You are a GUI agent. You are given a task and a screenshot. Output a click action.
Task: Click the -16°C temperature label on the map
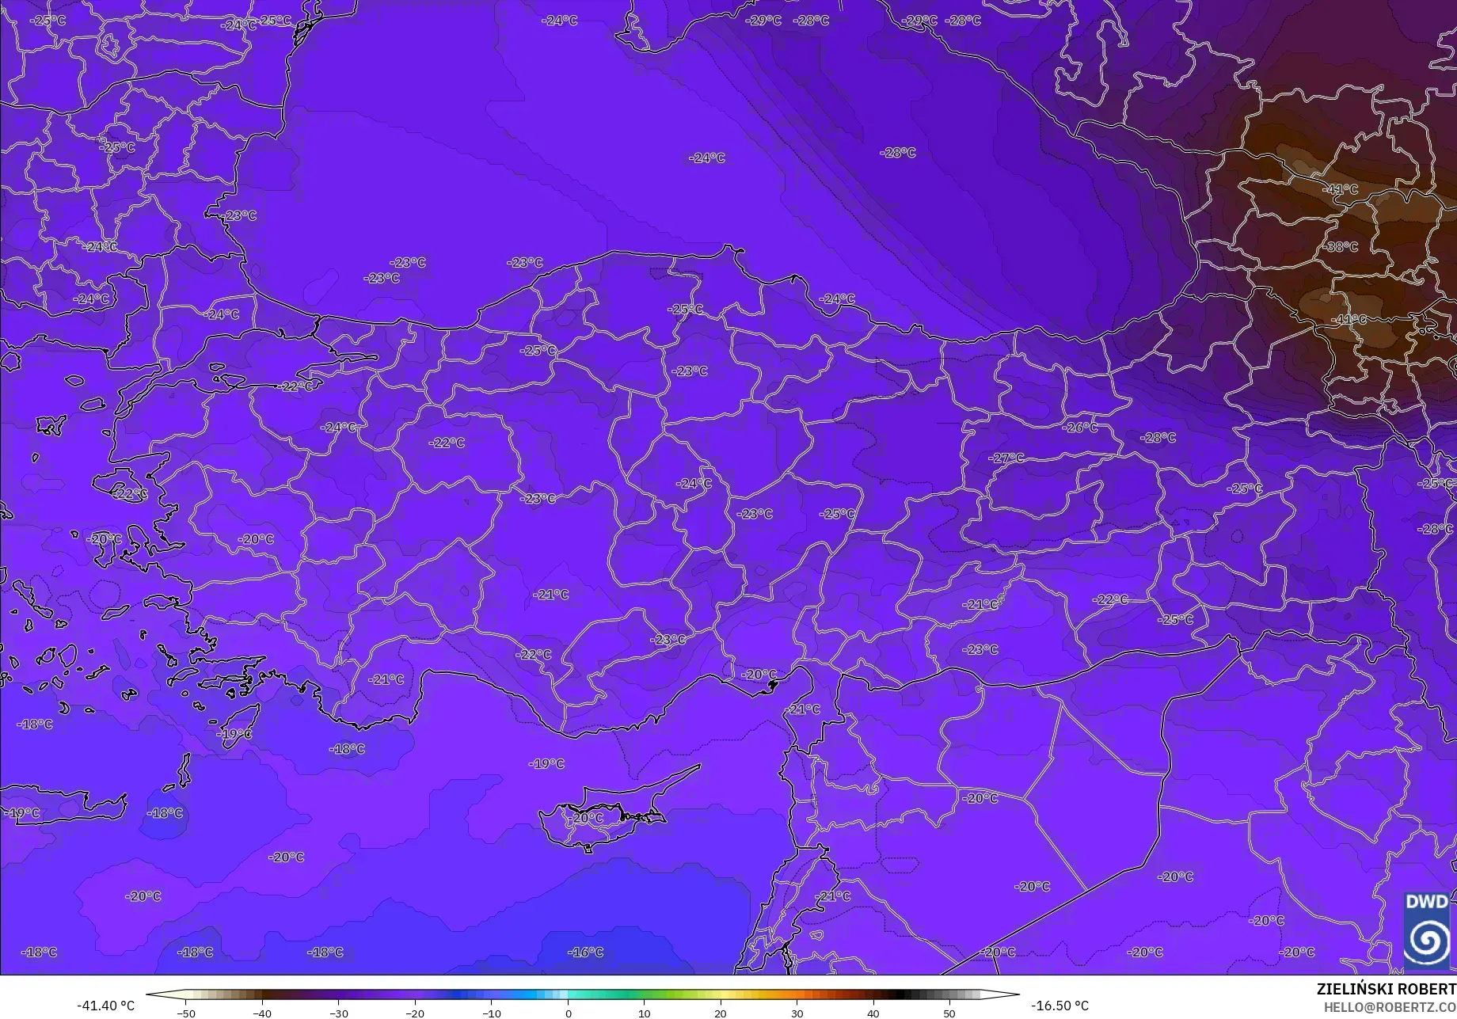(586, 952)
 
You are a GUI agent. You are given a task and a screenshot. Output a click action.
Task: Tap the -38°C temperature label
(1340, 247)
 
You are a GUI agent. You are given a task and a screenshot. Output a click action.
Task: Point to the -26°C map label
(1081, 428)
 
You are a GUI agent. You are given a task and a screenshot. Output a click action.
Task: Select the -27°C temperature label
(1007, 458)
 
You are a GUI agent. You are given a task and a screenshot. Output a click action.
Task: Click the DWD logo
(1427, 930)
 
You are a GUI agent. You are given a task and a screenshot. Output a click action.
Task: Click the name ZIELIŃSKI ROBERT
(1386, 989)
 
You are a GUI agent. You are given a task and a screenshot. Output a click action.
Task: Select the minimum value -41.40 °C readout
(105, 1006)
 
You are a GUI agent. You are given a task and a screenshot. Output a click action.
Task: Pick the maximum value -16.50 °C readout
(1059, 1006)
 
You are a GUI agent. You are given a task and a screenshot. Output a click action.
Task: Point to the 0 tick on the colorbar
(568, 1013)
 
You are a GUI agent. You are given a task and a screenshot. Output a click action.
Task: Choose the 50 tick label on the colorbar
(949, 1013)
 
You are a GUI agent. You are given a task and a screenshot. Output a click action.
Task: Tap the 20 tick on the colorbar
(721, 1013)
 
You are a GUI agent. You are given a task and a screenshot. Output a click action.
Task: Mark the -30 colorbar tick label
(338, 1013)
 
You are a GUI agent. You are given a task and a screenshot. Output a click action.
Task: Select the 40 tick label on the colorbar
(873, 1013)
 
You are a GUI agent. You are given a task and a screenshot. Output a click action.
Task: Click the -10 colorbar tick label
(491, 1013)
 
